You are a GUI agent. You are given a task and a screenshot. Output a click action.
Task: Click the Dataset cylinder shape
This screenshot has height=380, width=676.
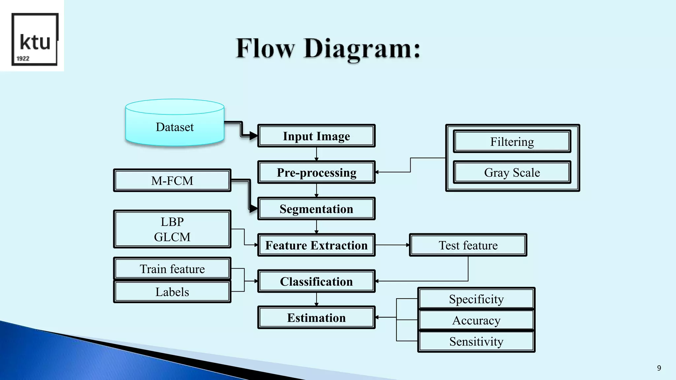click(x=175, y=127)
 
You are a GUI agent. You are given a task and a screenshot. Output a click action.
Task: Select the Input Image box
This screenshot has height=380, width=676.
click(x=316, y=136)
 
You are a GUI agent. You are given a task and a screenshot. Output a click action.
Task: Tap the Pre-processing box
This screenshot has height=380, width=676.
click(x=316, y=172)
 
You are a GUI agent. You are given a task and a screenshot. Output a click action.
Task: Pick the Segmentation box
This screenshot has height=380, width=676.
click(x=316, y=209)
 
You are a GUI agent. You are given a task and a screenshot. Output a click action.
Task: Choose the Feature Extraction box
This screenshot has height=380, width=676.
click(x=316, y=245)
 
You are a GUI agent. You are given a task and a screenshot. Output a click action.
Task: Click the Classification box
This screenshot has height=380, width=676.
click(x=316, y=281)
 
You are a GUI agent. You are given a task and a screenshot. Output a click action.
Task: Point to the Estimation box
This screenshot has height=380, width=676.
click(x=316, y=318)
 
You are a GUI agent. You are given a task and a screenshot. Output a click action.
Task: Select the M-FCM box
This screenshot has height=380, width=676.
click(x=172, y=180)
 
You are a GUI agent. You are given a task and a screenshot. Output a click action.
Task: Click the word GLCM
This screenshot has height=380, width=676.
click(x=172, y=237)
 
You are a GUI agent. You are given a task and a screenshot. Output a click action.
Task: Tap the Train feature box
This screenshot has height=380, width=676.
click(x=172, y=269)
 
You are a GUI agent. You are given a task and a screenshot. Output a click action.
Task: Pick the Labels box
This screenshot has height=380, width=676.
click(x=172, y=292)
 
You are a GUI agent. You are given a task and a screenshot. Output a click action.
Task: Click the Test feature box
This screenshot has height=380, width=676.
click(x=468, y=245)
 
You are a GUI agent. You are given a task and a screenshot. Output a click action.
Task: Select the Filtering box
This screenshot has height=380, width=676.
click(x=512, y=142)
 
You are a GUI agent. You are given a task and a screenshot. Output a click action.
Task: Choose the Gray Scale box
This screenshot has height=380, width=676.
click(x=512, y=172)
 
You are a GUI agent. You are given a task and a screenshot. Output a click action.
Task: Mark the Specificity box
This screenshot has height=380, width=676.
click(x=476, y=299)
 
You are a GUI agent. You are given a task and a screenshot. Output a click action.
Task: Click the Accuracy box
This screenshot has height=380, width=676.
click(x=476, y=320)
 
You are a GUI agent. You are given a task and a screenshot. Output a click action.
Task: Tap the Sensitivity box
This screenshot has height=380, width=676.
click(x=476, y=341)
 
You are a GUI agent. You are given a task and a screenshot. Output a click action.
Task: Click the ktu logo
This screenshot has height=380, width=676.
click(x=35, y=40)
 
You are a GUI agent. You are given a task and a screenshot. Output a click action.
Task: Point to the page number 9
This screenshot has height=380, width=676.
click(x=659, y=368)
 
